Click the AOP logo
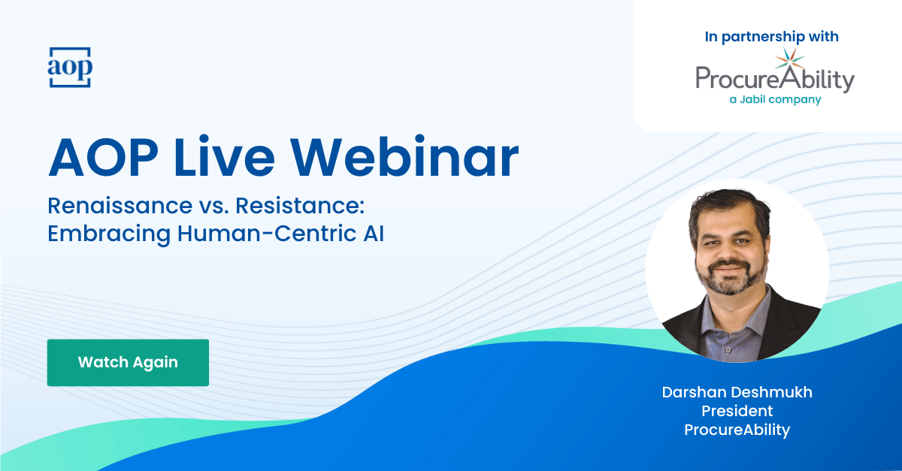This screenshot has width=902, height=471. click(69, 67)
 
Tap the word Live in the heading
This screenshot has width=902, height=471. click(223, 156)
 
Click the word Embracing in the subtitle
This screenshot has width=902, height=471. click(109, 233)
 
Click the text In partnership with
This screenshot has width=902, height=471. click(772, 36)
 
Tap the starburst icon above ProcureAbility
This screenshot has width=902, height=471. click(789, 61)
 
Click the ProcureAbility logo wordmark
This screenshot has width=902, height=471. click(774, 80)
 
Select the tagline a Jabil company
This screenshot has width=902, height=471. click(775, 100)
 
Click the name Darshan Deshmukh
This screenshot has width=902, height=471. click(737, 392)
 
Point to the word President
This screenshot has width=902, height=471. click(737, 411)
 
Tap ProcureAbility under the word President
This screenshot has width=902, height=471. click(737, 430)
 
